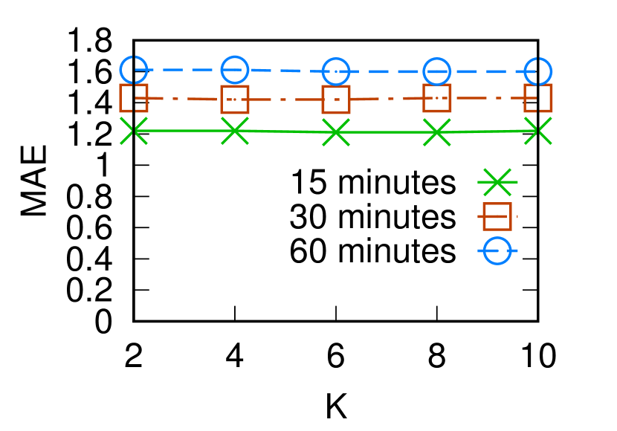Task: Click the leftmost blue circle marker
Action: coord(134,70)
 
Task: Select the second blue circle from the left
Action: coord(235,70)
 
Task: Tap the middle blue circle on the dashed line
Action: coord(336,71)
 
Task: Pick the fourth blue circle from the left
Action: coord(437,71)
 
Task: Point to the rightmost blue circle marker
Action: coord(538,71)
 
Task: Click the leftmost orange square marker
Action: coord(134,98)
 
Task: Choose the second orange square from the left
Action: coord(235,99)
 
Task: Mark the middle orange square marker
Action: coord(336,99)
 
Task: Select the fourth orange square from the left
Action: coord(437,98)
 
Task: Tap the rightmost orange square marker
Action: coord(538,98)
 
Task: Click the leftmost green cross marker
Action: coord(134,131)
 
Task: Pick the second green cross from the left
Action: coord(235,131)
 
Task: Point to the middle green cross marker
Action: coord(336,132)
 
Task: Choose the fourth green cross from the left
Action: coord(437,132)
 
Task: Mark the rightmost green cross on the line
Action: coord(538,131)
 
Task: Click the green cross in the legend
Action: coord(497,182)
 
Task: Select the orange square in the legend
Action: coord(497,216)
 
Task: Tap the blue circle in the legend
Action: coord(497,250)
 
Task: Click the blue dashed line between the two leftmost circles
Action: coord(184,70)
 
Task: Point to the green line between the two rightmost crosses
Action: coord(488,132)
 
